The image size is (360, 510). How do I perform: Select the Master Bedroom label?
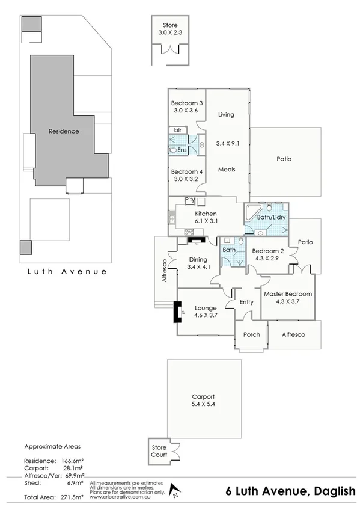(x=288, y=293)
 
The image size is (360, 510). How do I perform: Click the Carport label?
(x=203, y=396)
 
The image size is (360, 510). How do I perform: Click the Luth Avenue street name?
(x=67, y=271)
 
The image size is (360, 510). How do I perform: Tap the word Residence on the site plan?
(x=63, y=131)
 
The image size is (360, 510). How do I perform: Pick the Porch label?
(x=251, y=334)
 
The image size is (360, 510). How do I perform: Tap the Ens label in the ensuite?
(x=182, y=150)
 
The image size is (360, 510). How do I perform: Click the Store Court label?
(x=159, y=450)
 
